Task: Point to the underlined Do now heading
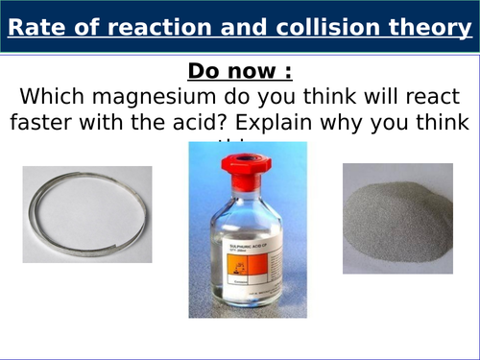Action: [x=240, y=71]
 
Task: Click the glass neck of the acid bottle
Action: [x=247, y=192]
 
